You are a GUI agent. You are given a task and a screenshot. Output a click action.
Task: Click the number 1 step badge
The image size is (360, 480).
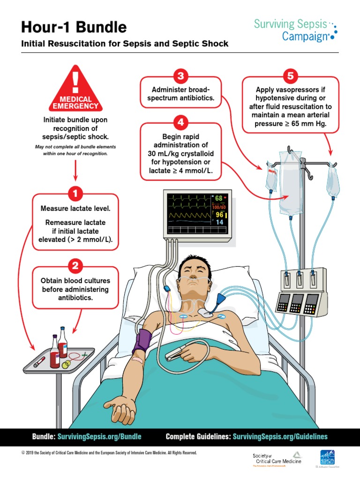(75, 193)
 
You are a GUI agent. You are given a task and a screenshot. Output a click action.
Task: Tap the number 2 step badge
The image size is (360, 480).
(75, 266)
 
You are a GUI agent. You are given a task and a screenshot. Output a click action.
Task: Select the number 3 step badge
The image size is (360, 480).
(180, 76)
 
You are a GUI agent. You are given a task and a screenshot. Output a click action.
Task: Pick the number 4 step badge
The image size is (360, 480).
(180, 122)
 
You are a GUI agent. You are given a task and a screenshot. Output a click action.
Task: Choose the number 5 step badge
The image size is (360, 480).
(290, 76)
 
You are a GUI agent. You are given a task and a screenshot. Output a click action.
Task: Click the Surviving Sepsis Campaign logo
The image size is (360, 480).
(294, 30)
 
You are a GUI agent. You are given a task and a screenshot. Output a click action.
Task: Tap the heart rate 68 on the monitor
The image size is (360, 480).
(219, 198)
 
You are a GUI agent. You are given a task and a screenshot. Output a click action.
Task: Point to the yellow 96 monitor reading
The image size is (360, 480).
(219, 215)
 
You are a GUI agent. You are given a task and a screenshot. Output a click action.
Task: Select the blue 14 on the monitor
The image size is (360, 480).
(219, 223)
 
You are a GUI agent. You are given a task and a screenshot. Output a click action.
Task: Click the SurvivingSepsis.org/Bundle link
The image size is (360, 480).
(99, 436)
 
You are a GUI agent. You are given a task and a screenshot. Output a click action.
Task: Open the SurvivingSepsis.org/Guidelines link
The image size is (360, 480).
(280, 436)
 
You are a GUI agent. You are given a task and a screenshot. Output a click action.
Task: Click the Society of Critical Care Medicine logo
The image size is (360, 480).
(277, 459)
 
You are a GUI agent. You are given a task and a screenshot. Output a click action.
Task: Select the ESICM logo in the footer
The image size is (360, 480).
(327, 458)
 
